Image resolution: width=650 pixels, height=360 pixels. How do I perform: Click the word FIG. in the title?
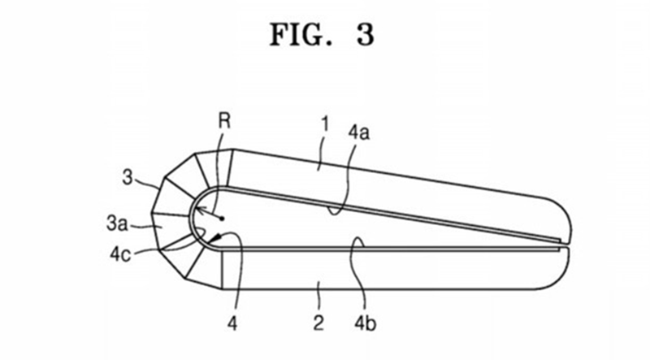[301, 34]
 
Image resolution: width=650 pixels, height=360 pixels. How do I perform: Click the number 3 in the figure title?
[365, 34]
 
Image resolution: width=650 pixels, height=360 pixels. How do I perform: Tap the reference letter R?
[224, 121]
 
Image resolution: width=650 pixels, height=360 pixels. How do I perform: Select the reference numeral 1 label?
[326, 124]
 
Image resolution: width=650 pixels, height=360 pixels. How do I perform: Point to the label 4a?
[358, 132]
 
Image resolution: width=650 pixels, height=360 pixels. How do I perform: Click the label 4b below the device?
[365, 323]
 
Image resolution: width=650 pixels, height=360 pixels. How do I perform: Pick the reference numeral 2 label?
[318, 323]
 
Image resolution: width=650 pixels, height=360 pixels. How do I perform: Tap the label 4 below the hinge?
[232, 323]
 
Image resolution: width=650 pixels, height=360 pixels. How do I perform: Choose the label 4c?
[120, 254]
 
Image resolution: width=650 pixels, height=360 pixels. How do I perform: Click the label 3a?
[117, 223]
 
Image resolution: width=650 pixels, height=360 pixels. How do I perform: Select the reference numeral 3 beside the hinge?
[128, 177]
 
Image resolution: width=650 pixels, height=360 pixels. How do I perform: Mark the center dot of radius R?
[222, 218]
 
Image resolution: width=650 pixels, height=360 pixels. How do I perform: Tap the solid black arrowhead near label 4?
[214, 238]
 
